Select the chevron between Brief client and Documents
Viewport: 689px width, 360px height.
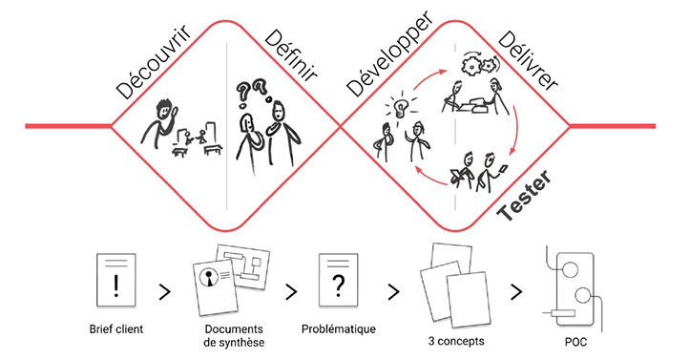[x=164, y=290]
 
